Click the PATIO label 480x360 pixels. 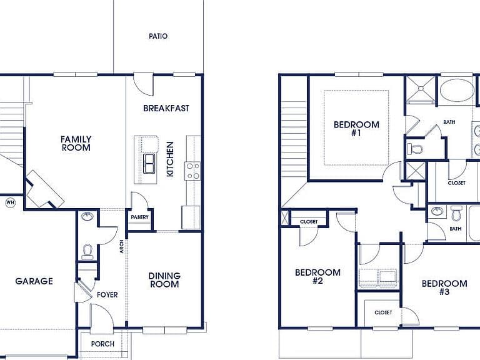tap(158, 36)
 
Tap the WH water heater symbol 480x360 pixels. tap(11, 202)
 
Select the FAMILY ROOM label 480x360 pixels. tap(76, 144)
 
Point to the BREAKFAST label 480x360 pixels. tap(166, 108)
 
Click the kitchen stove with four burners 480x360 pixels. tap(192, 171)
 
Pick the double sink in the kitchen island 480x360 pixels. tap(149, 164)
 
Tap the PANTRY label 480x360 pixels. tap(139, 217)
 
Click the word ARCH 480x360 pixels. tap(122, 246)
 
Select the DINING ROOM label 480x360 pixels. tap(164, 280)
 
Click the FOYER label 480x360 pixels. tap(107, 295)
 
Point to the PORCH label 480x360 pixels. tap(102, 344)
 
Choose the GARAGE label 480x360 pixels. tap(34, 281)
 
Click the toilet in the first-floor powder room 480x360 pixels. tap(87, 252)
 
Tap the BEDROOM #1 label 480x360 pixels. tap(356, 129)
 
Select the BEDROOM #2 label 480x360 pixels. tap(317, 277)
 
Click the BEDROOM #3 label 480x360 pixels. tap(444, 287)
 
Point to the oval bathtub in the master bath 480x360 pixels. tap(456, 90)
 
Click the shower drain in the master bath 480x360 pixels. tap(421, 89)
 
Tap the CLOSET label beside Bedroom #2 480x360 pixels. tap(309, 222)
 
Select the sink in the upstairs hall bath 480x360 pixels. tap(437, 211)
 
